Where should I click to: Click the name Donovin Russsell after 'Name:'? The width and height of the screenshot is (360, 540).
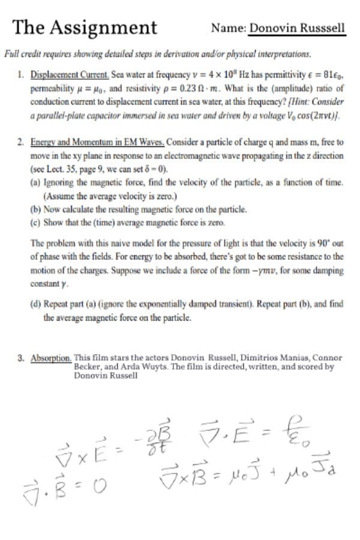point(297,28)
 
